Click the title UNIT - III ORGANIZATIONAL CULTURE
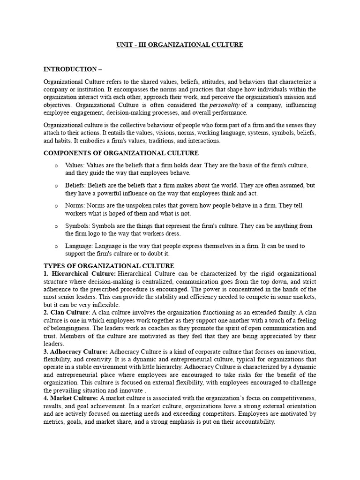click(x=180, y=45)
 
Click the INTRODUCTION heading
click(x=73, y=69)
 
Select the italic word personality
click(x=227, y=105)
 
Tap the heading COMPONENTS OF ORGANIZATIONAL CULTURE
click(x=121, y=153)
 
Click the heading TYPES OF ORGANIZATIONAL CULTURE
click(x=109, y=266)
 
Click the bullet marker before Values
click(x=56, y=166)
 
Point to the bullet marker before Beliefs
click(x=56, y=186)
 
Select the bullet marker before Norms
click(x=56, y=206)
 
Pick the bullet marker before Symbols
click(x=56, y=226)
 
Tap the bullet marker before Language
click(x=56, y=246)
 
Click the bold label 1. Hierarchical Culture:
click(x=80, y=273)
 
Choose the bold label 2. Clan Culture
click(x=66, y=312)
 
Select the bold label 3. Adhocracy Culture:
click(x=75, y=352)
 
